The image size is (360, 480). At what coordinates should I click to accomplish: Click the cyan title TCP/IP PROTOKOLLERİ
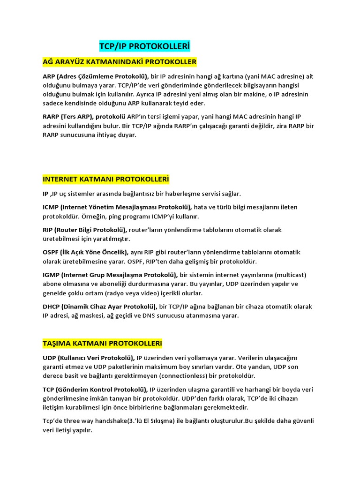pyautogui.click(x=145, y=46)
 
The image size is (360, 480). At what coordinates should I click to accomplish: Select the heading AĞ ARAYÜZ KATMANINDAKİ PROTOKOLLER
pyautogui.click(x=120, y=62)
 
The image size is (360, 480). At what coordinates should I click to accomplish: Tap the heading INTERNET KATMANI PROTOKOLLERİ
pyautogui.click(x=105, y=180)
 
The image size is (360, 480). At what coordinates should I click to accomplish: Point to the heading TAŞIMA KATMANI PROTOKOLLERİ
pyautogui.click(x=102, y=344)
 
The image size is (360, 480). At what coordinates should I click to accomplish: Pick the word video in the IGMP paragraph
pyautogui.click(x=157, y=293)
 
